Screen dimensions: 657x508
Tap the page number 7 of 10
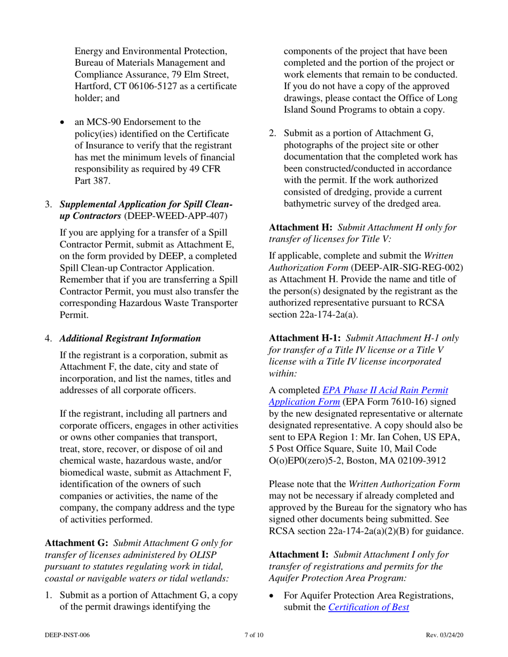coord(253,635)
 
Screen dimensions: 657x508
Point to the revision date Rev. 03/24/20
coord(444,635)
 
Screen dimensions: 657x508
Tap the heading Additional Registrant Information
coord(130,338)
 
